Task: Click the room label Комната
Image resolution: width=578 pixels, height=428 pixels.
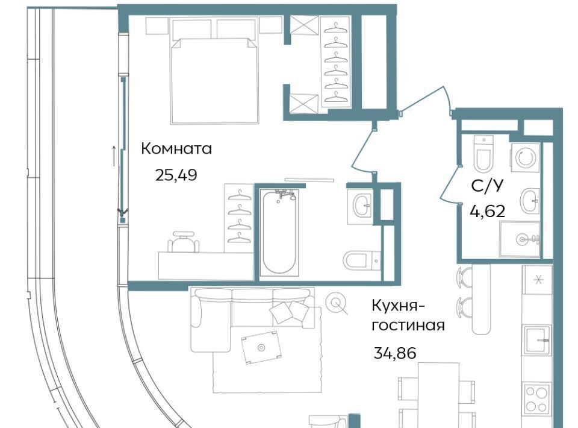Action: tap(176, 149)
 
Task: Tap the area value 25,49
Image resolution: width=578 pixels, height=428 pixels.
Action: tap(176, 175)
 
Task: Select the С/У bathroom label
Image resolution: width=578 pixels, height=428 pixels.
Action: tap(486, 187)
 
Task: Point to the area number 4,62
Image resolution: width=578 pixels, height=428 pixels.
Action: tap(487, 212)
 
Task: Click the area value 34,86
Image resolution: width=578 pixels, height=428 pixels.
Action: tap(395, 353)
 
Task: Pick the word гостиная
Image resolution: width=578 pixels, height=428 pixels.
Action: tap(408, 326)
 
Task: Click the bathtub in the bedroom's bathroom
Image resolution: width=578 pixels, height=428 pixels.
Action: tap(279, 232)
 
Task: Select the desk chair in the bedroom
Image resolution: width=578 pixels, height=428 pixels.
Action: tap(183, 242)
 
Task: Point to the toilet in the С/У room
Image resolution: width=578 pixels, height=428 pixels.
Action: tap(483, 154)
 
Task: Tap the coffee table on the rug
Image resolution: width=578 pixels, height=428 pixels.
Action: tap(261, 347)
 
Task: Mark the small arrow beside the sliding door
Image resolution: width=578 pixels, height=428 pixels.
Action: tap(114, 156)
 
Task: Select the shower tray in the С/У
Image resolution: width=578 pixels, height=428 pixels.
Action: tap(520, 239)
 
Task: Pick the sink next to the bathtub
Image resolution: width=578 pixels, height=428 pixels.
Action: tap(360, 204)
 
